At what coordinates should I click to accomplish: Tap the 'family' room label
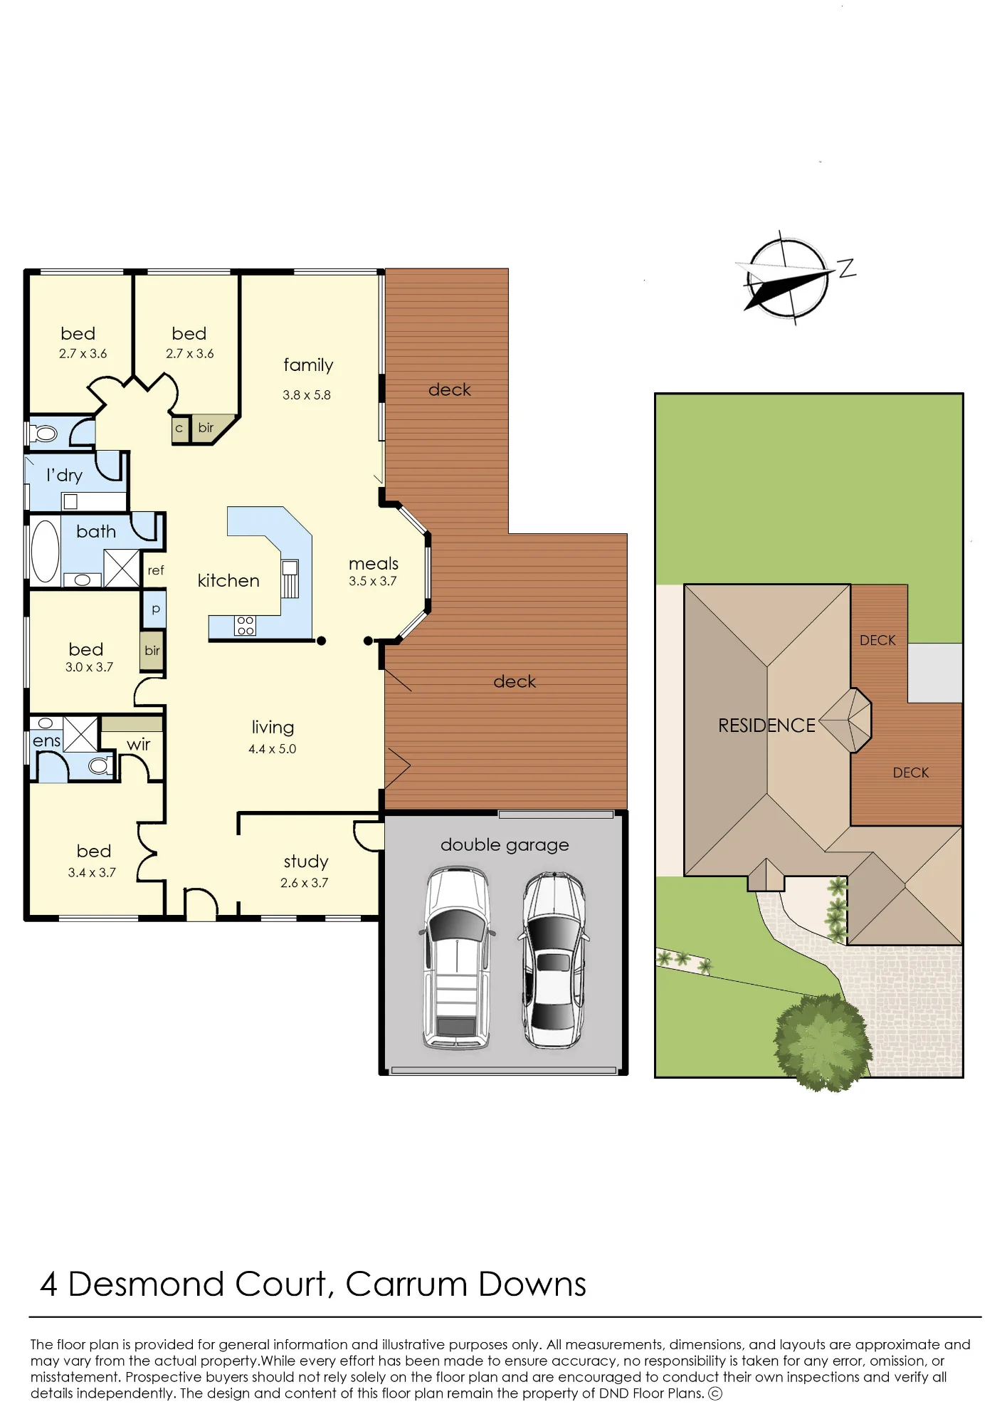pos(308,365)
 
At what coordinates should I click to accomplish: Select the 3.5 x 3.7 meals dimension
pos(373,581)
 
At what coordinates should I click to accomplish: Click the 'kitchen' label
pos(228,580)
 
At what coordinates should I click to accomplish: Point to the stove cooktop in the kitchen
pos(245,625)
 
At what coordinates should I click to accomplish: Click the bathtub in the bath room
pos(45,551)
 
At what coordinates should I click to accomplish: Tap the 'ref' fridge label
pos(156,570)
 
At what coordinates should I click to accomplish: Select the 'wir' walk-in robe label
pos(139,745)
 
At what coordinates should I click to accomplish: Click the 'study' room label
pos(306,862)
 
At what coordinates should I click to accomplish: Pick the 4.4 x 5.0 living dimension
pos(273,749)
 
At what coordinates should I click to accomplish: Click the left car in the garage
pos(457,958)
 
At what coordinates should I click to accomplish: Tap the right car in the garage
pos(555,960)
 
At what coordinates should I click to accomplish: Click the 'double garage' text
pos(505,845)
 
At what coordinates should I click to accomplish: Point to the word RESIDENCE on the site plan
pos(766,726)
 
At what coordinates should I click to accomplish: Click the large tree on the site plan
pos(823,1043)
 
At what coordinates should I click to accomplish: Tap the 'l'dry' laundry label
pos(64,475)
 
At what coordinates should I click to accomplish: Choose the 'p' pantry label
pos(156,609)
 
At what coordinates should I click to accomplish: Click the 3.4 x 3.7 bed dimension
pos(92,873)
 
